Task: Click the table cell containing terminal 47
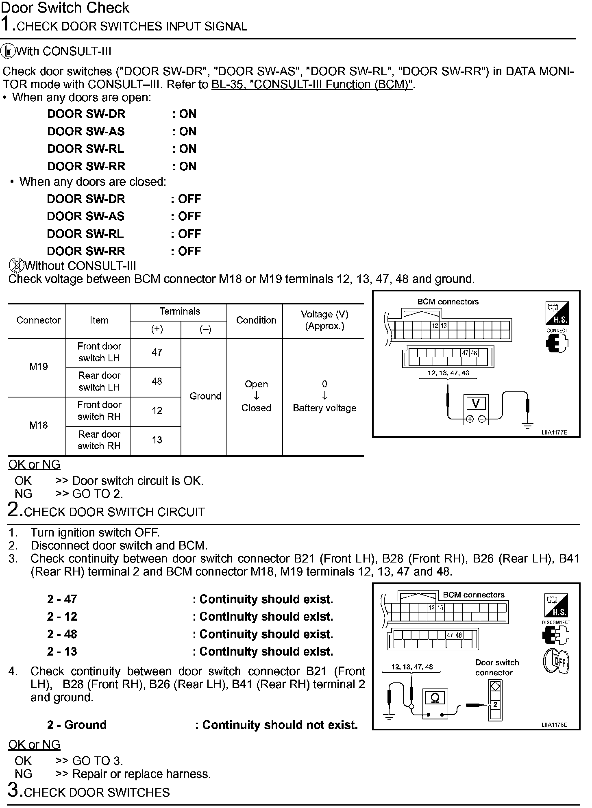[x=157, y=352]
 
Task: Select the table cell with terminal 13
[x=157, y=440]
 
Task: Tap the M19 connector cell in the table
[x=38, y=367]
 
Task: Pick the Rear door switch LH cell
[x=99, y=382]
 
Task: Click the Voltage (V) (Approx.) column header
[x=324, y=320]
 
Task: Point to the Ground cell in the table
[x=205, y=396]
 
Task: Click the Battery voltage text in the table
[x=324, y=408]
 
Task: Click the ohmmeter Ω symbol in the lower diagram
[x=435, y=698]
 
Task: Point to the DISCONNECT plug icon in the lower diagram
[x=556, y=635]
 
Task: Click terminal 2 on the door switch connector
[x=495, y=704]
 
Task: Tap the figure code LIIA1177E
[x=554, y=432]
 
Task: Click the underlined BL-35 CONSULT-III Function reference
[x=312, y=85]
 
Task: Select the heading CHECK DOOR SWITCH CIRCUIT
[x=114, y=512]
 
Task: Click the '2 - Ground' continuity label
[x=77, y=725]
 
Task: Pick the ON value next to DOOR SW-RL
[x=187, y=149]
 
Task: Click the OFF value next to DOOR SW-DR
[x=189, y=199]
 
